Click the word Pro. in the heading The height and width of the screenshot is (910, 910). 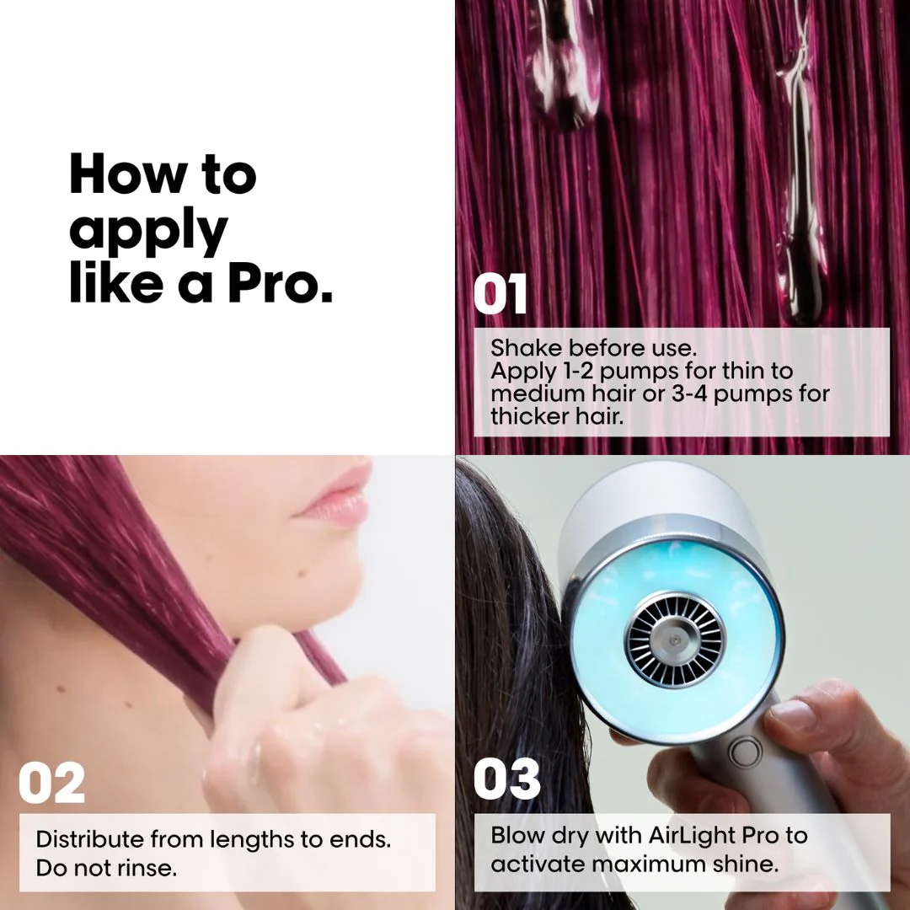coord(281,285)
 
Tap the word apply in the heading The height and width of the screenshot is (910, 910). coord(148,231)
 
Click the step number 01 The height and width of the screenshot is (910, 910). coord(500,295)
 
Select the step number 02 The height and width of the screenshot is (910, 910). coord(52,783)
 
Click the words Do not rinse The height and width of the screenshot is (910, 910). coord(106,868)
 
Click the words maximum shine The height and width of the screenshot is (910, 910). coord(694,864)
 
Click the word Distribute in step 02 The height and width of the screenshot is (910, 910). coord(89,839)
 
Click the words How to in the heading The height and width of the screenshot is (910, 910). coord(163,174)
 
